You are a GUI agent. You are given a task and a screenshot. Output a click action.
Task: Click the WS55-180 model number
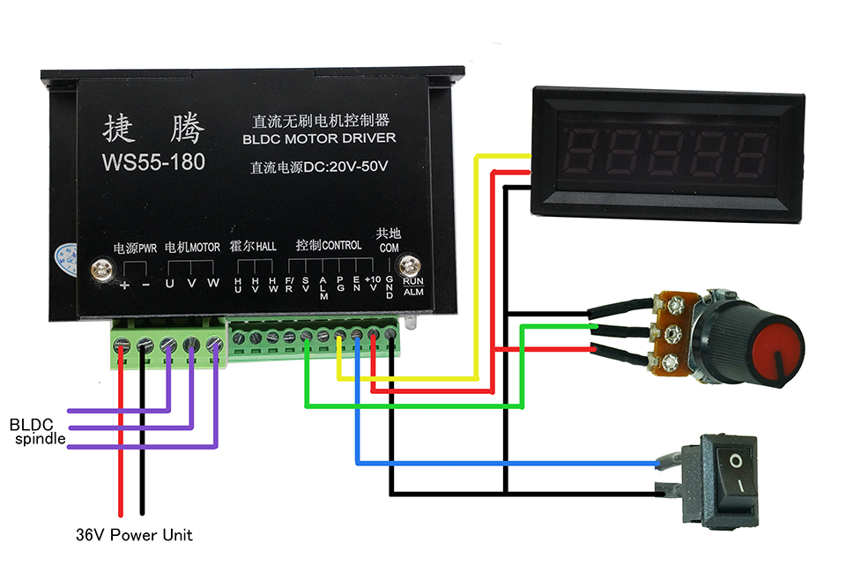(x=153, y=162)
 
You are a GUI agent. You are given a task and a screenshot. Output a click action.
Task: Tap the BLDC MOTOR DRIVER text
(x=318, y=138)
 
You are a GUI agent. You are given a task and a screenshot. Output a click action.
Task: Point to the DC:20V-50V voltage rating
(x=319, y=166)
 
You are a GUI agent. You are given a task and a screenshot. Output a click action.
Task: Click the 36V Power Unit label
(x=133, y=535)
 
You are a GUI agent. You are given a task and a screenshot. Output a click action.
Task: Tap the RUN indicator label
(x=412, y=281)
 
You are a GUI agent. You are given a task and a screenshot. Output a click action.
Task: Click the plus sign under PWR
(x=124, y=285)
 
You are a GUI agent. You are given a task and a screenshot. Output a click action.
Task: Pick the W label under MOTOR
(x=212, y=284)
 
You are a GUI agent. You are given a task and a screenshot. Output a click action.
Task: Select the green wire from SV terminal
(x=414, y=406)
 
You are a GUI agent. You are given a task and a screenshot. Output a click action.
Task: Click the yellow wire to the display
(x=476, y=264)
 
